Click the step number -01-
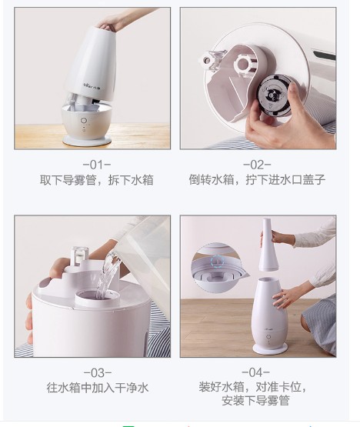(x=97, y=165)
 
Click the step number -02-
(x=257, y=165)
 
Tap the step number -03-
(x=97, y=373)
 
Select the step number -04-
(x=255, y=372)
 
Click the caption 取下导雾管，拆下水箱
(x=97, y=180)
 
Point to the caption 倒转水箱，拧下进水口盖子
(x=258, y=180)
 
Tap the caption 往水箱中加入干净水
(x=98, y=388)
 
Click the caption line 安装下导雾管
(x=255, y=401)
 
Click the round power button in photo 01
(x=84, y=120)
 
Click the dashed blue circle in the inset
(x=218, y=261)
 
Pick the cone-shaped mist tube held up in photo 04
(x=268, y=245)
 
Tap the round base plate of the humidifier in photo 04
(x=269, y=349)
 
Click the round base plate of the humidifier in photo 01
(x=87, y=140)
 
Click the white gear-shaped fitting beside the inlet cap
(x=242, y=63)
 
